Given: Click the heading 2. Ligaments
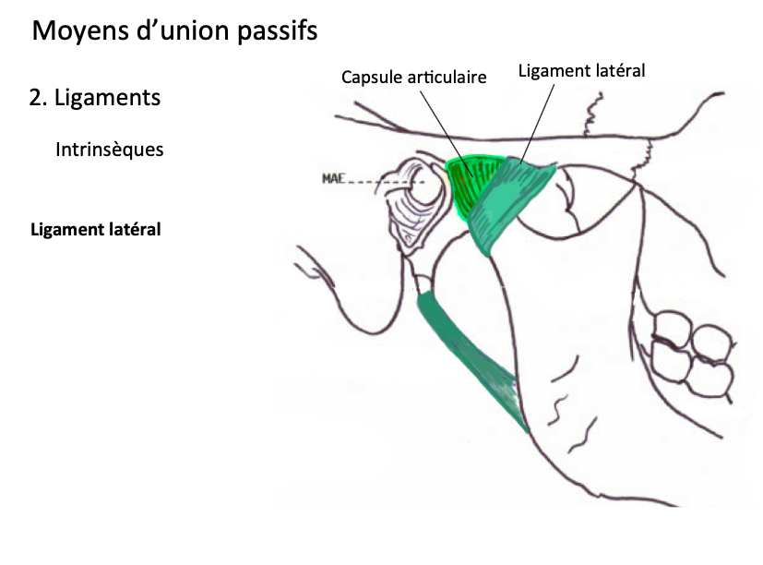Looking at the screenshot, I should (94, 98).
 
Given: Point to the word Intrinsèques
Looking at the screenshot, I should (109, 149).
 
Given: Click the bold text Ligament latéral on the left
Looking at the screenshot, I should (96, 229).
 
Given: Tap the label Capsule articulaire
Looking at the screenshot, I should (413, 78).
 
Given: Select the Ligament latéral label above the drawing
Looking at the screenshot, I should (580, 70).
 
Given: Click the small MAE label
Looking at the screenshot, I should (334, 178).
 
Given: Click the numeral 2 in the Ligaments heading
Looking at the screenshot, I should (36, 98).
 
